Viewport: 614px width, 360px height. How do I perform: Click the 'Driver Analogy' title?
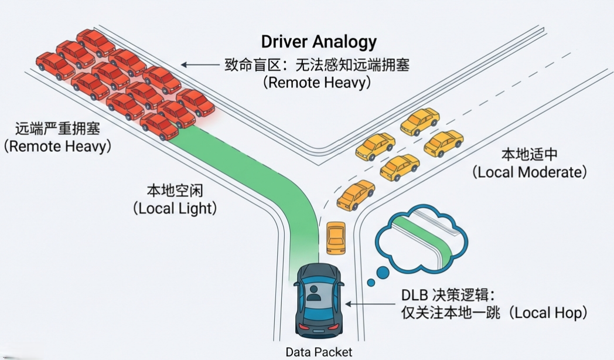coord(318,42)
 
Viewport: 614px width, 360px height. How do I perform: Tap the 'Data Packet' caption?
coord(319,352)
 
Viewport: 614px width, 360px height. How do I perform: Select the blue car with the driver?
coord(318,300)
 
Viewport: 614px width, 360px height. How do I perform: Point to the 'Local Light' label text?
coord(174,208)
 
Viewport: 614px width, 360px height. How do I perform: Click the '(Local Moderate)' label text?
coord(529,172)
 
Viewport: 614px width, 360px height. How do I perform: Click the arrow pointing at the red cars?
coord(199,64)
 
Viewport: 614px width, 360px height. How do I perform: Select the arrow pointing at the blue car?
coord(368,304)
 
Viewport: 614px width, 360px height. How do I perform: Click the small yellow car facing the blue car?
coord(336,237)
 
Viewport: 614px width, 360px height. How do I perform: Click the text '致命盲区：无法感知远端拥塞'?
coord(317,64)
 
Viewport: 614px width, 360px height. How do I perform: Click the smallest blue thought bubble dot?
coord(370,283)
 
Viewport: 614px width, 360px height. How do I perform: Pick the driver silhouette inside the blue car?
coord(314,293)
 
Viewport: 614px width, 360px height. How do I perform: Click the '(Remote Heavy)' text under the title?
coord(317,82)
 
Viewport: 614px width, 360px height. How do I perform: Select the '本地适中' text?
coord(529,155)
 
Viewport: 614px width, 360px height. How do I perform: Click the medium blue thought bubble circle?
coord(382,272)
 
